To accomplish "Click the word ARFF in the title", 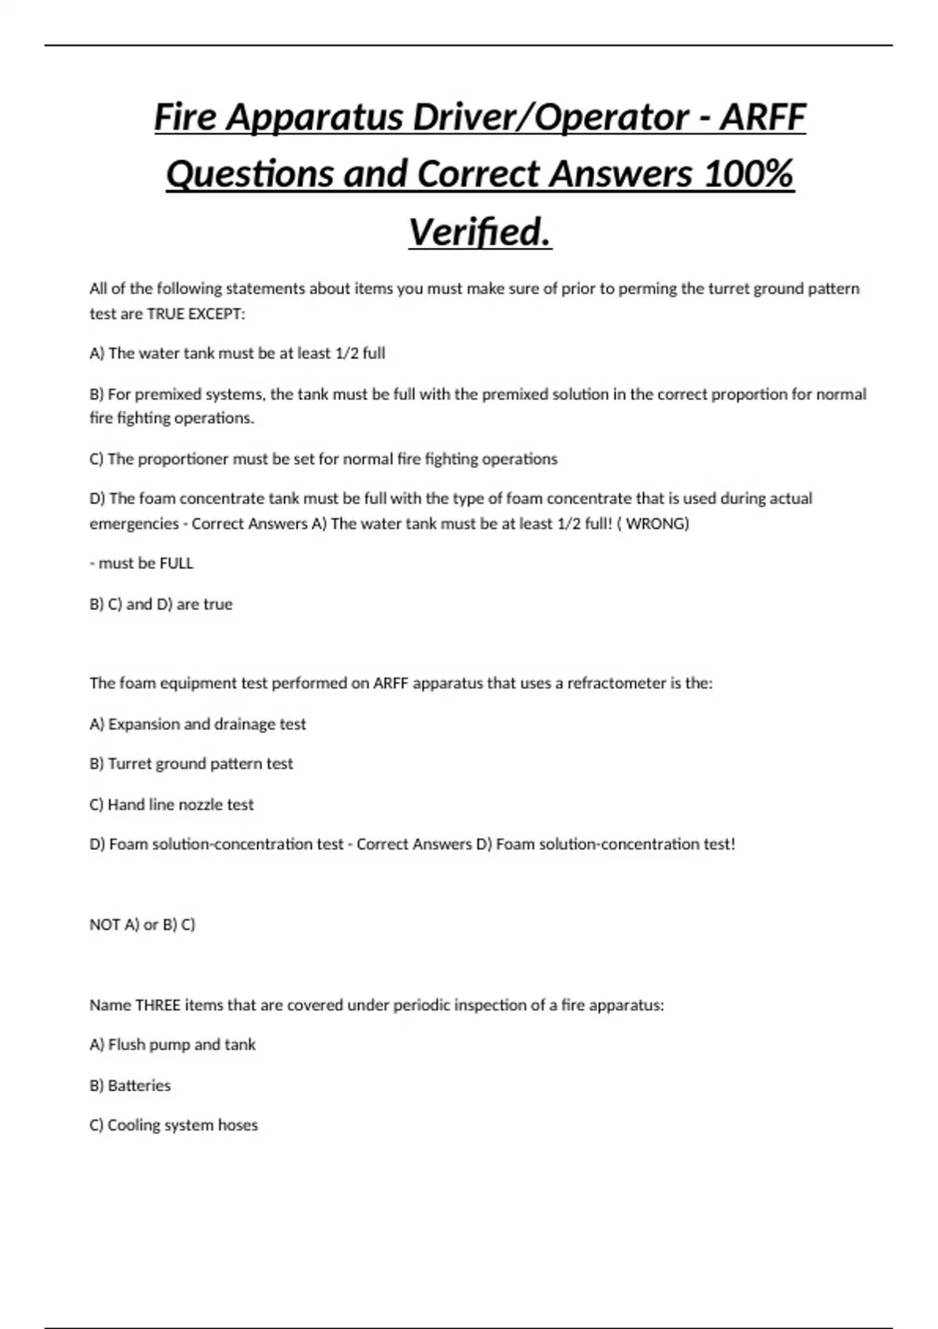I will (x=762, y=117).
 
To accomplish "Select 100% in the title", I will (x=748, y=174).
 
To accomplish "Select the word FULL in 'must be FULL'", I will (x=176, y=563).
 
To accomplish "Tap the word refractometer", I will (x=616, y=682).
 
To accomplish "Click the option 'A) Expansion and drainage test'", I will (x=198, y=724).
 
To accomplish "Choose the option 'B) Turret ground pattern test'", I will (x=192, y=763).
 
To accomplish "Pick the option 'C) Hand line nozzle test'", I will (x=172, y=804).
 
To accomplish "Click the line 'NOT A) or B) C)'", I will (x=142, y=924).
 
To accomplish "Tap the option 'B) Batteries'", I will (x=130, y=1085).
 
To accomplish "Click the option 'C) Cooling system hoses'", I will (x=174, y=1125).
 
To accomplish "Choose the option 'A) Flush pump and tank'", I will (x=173, y=1044).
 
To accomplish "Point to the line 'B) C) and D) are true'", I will (x=161, y=604).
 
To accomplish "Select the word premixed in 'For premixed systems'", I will (x=170, y=394).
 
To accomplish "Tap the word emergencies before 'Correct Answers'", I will (x=134, y=523).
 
